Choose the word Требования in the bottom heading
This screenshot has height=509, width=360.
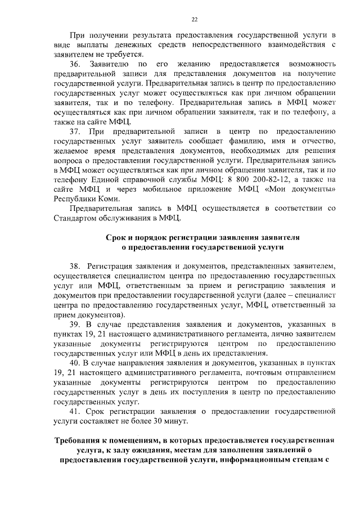(77, 440)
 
